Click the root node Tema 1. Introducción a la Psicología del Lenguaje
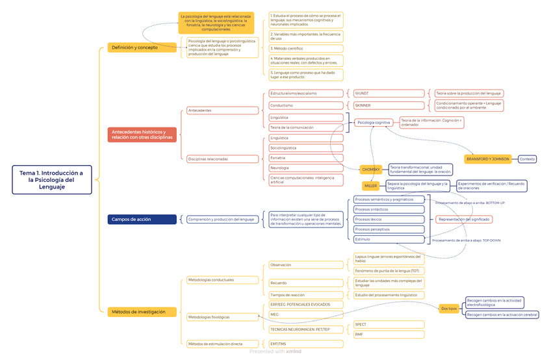[x=52, y=180]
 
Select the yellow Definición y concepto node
[x=135, y=47]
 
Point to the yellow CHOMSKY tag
[x=371, y=170]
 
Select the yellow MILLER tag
[x=371, y=186]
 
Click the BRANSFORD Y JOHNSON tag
[x=488, y=159]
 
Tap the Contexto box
[x=527, y=159]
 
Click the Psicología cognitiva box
[x=374, y=122]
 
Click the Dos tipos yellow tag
[x=448, y=308]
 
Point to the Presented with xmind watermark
[x=275, y=352]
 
